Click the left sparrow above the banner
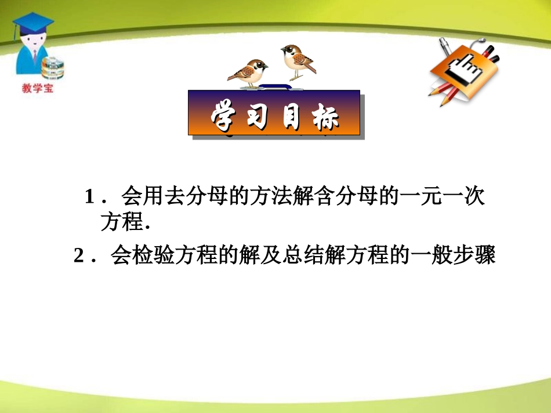point(248,72)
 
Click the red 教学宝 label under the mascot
point(37,89)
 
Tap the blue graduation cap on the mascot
point(33,24)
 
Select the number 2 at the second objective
point(79,255)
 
